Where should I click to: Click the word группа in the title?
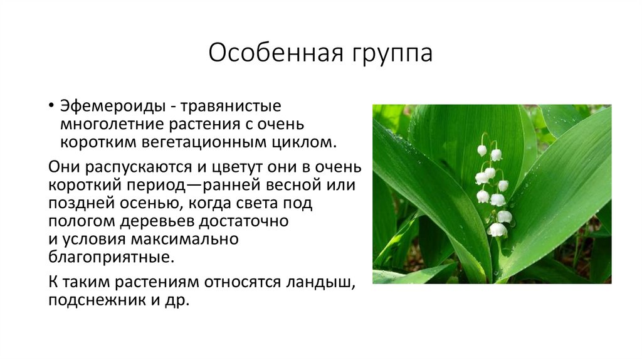point(389,54)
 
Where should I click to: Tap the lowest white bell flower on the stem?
point(497,230)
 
